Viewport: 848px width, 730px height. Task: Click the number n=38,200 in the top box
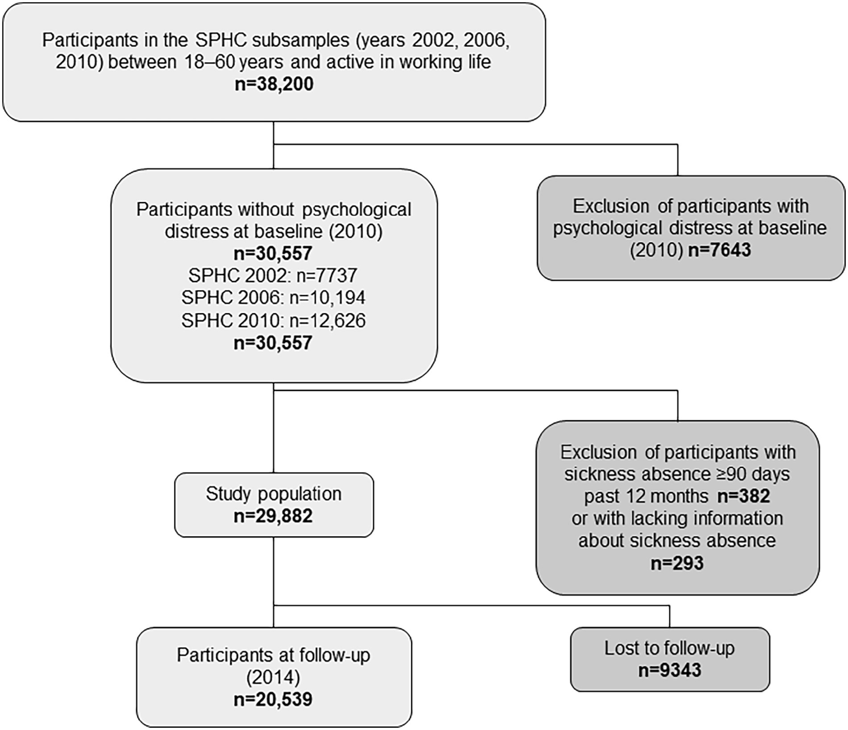tap(274, 84)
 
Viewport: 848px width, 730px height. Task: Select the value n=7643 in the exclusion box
tap(719, 250)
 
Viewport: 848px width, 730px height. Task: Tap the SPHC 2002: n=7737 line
tap(273, 275)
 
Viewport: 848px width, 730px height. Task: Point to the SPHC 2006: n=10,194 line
tap(273, 298)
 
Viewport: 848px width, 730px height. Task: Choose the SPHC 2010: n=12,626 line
tap(273, 320)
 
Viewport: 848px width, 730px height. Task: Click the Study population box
tap(274, 505)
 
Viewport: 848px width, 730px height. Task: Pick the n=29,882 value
tap(273, 516)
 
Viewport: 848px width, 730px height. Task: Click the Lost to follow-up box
tap(670, 659)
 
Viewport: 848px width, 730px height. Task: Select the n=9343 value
tap(670, 670)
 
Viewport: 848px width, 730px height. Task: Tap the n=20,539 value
tap(273, 699)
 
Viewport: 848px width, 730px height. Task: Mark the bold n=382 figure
tap(744, 496)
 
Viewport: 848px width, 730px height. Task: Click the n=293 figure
tap(677, 563)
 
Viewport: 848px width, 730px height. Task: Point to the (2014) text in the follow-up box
tap(273, 677)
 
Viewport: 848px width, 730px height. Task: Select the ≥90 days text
tap(744, 474)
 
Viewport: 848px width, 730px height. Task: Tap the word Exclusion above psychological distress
tap(611, 206)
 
